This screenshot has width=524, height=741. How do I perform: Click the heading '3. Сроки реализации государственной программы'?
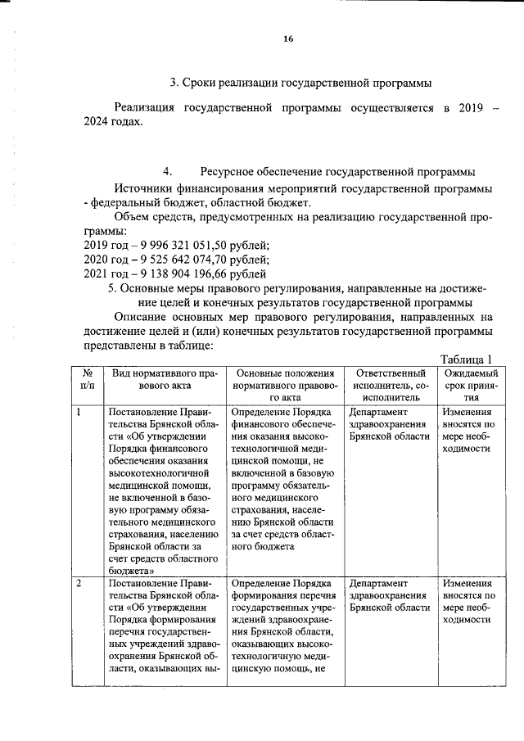300,83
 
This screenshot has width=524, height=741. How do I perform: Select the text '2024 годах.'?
113,122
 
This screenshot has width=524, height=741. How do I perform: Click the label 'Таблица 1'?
466,359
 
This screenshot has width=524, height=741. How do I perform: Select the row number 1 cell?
79,412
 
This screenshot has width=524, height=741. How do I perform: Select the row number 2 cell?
79,584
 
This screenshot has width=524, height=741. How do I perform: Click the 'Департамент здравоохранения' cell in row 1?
388,424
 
